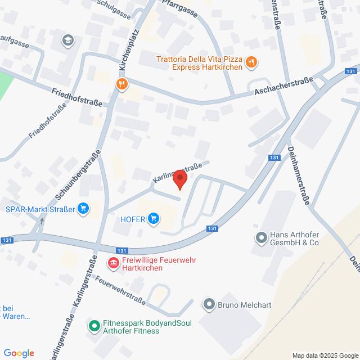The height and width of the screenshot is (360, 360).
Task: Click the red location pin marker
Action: coord(180,179)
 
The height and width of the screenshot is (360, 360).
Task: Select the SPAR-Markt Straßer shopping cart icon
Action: coord(84,209)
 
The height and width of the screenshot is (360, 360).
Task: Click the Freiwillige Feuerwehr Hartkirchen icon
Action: coord(112,263)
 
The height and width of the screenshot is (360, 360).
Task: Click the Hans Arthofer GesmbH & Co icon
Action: coord(260,238)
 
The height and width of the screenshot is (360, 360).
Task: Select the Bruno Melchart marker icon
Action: coord(209,306)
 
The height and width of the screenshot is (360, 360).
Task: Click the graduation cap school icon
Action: coord(67,39)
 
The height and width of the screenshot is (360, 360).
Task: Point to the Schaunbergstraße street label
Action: coord(77,174)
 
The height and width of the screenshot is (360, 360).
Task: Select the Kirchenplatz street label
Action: coord(130,49)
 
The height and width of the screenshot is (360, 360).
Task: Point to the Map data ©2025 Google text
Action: coord(324,355)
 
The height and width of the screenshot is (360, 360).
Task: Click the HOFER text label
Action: coord(133,219)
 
